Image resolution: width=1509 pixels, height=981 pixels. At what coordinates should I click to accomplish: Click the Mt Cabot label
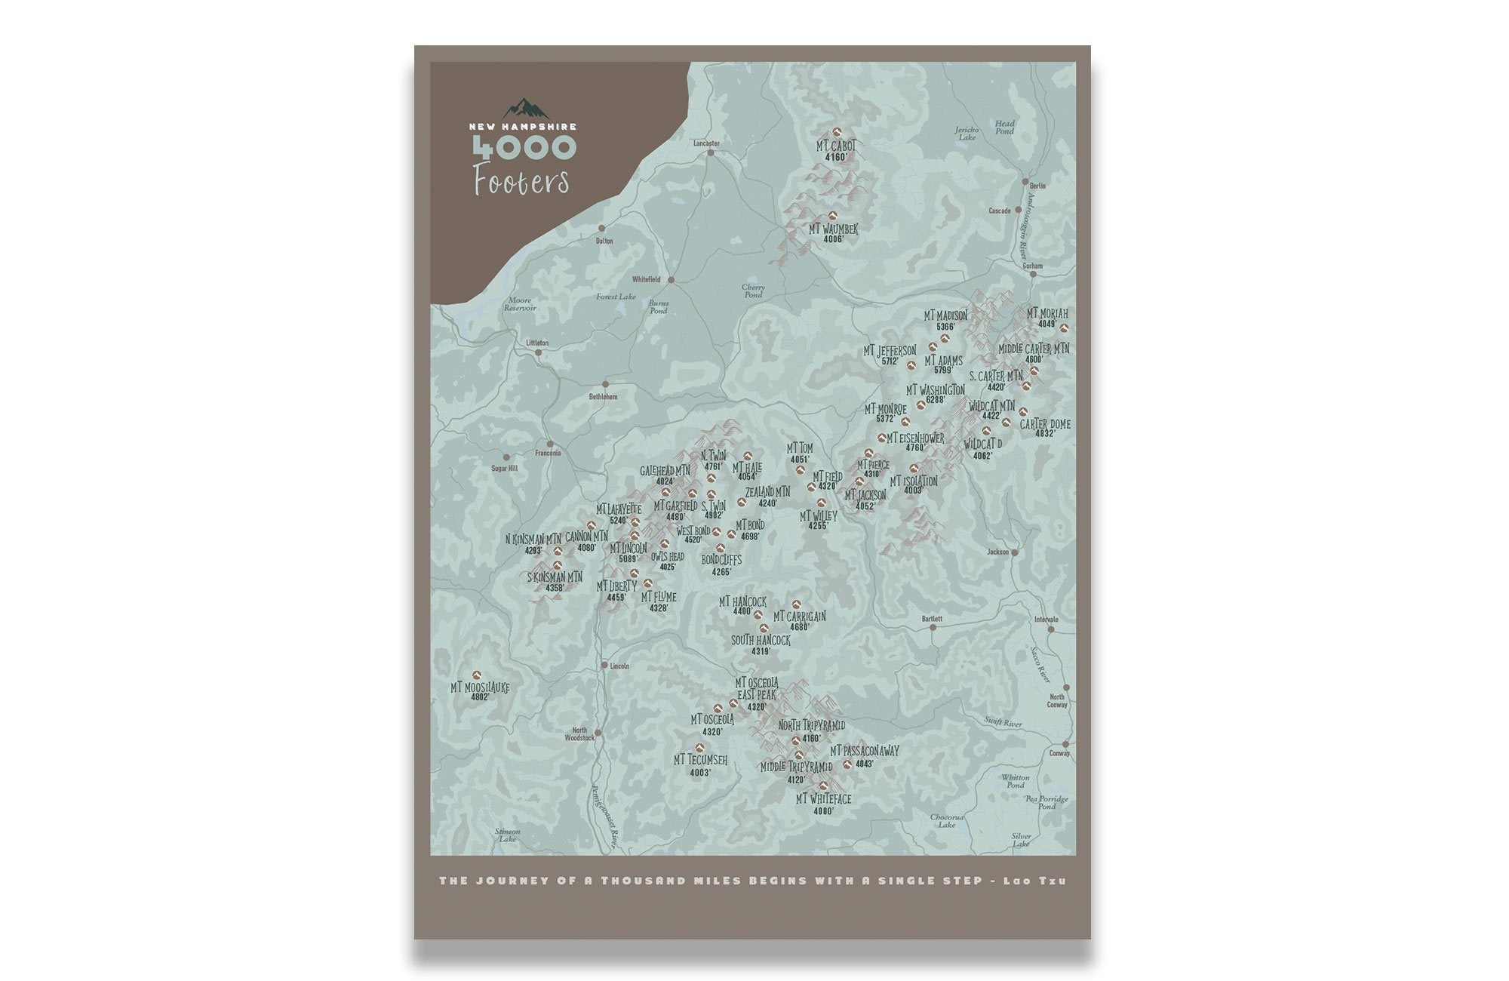(836, 146)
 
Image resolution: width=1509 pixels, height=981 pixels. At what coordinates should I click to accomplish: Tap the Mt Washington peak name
(935, 390)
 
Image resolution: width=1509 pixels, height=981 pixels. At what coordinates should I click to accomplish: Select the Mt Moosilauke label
(480, 687)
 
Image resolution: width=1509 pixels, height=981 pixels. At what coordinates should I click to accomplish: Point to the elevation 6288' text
(935, 400)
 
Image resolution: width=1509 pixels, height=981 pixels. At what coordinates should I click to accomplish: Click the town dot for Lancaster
(710, 152)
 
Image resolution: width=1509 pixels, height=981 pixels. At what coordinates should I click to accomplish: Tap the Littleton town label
(537, 343)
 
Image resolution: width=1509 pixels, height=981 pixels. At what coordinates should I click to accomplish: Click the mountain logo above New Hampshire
(527, 108)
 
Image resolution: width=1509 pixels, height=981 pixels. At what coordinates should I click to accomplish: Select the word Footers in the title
(521, 181)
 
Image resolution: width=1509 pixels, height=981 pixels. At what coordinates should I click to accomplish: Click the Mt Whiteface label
(823, 799)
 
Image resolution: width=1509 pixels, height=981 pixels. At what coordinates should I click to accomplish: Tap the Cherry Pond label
(752, 291)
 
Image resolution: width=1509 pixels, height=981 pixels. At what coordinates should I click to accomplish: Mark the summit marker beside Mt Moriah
(1064, 328)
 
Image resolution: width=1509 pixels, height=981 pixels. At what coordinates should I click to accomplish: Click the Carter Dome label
(1045, 424)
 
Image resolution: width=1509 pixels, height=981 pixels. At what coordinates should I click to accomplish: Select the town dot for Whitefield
(670, 280)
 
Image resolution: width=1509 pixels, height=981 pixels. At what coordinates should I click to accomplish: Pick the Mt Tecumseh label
(700, 760)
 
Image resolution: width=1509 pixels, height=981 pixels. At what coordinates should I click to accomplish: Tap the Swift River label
(1003, 722)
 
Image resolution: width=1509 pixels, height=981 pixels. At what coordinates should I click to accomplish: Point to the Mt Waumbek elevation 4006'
(833, 239)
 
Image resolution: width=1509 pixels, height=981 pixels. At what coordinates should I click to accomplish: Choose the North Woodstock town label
(579, 733)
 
